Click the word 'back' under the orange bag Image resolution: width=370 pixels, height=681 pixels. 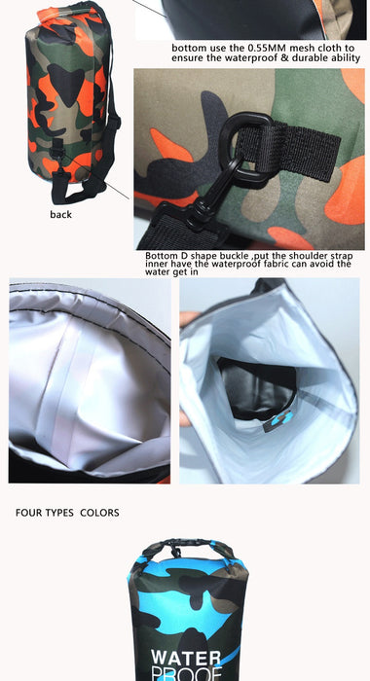pyautogui.click(x=61, y=214)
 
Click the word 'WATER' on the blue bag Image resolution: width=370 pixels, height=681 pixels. pyautogui.click(x=186, y=658)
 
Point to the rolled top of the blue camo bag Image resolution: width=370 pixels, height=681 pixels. pyautogui.click(x=188, y=550)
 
